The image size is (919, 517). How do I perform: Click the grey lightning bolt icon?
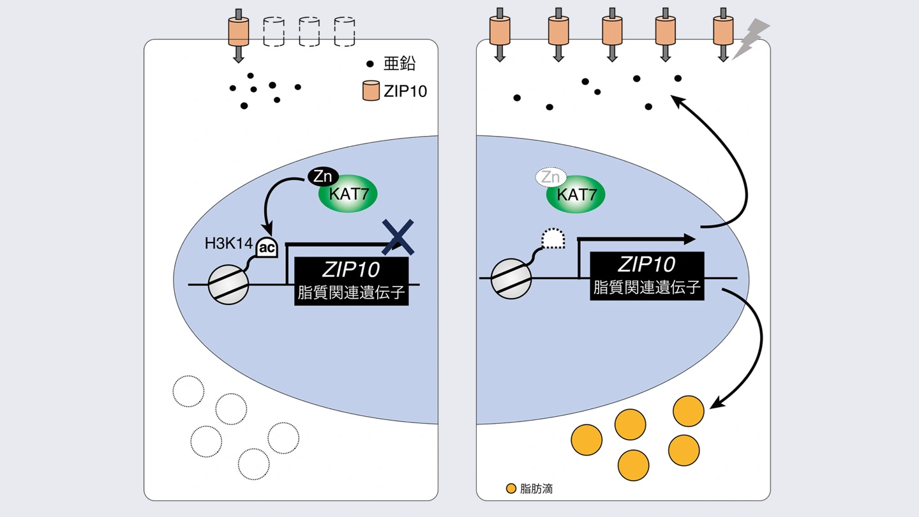click(751, 38)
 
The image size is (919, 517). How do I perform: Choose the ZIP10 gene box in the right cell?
click(646, 276)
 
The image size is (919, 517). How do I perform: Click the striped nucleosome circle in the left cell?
click(228, 284)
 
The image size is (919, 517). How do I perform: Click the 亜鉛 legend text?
click(399, 64)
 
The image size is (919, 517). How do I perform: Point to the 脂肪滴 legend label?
click(537, 489)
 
